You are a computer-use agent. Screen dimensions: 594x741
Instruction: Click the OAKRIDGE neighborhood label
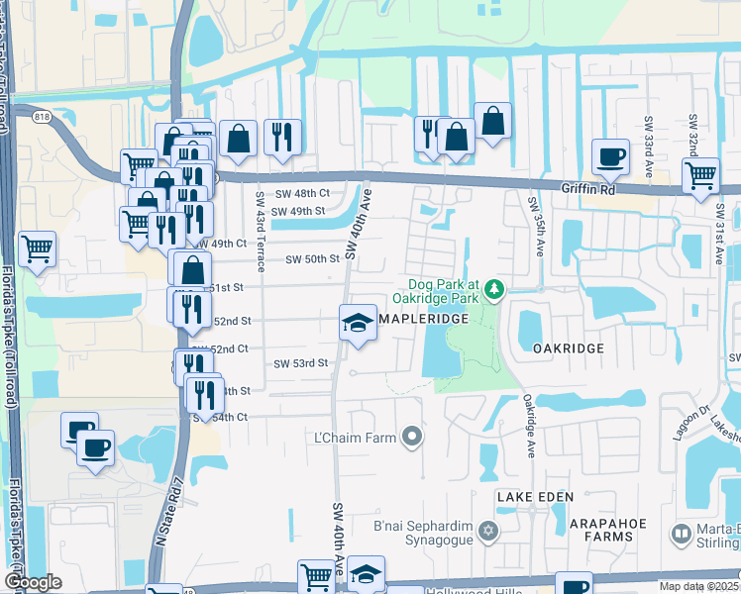coord(568,349)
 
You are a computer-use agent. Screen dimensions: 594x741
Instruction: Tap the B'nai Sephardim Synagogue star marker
coord(486,533)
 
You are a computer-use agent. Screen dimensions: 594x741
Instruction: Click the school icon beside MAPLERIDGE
coord(358,323)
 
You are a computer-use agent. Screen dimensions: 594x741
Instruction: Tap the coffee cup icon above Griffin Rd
coord(609,155)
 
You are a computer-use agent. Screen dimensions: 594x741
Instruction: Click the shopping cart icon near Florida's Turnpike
coord(37,248)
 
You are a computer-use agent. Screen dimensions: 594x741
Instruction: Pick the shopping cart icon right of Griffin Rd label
coord(701,174)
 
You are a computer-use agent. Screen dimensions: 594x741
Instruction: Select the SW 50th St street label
coord(313,259)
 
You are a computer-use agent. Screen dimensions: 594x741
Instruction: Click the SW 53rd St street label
coord(300,363)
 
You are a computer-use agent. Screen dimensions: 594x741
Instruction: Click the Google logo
coord(33,582)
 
